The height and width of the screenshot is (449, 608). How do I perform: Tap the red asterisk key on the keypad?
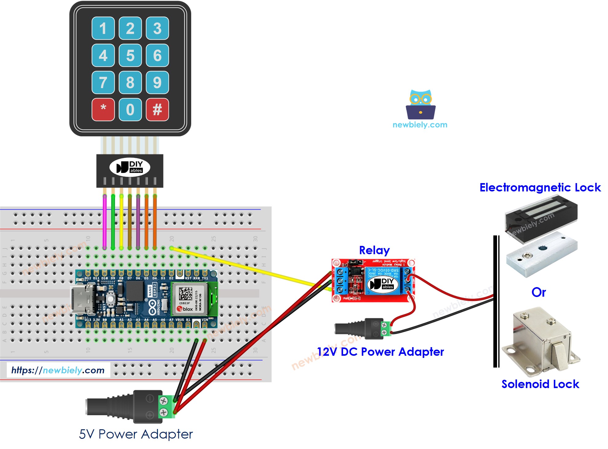pyautogui.click(x=103, y=109)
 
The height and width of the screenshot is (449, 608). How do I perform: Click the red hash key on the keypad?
pyautogui.click(x=157, y=109)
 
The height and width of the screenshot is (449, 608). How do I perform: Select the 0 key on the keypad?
pyautogui.click(x=130, y=109)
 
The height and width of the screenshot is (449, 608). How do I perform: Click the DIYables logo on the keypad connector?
pyautogui.click(x=130, y=167)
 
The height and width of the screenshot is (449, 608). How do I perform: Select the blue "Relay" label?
pyautogui.click(x=374, y=250)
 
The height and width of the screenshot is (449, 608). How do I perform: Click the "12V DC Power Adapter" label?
pyautogui.click(x=380, y=351)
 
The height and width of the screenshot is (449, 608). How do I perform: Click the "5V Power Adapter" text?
pyautogui.click(x=136, y=434)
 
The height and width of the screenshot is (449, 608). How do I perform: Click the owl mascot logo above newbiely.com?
pyautogui.click(x=420, y=105)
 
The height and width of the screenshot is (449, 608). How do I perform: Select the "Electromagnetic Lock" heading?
pyautogui.click(x=540, y=187)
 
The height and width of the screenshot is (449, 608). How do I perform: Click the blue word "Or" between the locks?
pyautogui.click(x=539, y=292)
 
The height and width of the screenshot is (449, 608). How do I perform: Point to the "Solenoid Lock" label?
pyautogui.click(x=540, y=384)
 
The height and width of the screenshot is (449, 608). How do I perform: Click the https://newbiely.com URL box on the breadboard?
pyautogui.click(x=58, y=370)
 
